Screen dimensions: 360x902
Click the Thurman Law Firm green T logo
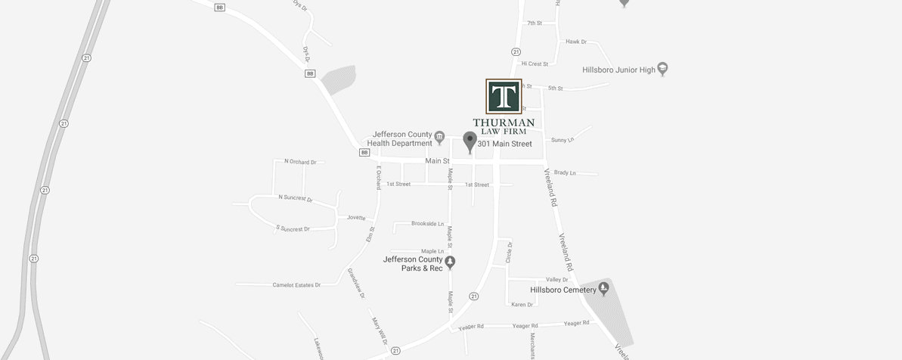point(503,96)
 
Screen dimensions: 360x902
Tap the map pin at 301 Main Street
point(470,141)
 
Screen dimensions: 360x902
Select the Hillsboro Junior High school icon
point(663,69)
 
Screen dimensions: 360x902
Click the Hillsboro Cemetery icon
point(603,289)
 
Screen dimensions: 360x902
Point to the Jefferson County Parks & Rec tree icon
point(451,263)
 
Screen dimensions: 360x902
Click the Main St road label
point(437,161)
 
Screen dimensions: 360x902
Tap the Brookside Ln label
point(427,224)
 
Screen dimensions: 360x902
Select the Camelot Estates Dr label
point(296,285)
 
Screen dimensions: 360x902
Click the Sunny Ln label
point(563,140)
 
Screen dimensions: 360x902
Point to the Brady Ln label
point(565,172)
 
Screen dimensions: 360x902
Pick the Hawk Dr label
point(576,42)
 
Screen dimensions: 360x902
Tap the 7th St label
point(535,23)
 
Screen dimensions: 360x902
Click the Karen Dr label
point(522,304)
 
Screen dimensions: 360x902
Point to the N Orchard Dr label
point(299,161)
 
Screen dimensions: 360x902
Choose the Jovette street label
point(356,217)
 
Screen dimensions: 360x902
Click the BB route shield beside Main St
point(364,152)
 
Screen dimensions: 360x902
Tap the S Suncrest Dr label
point(293,228)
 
